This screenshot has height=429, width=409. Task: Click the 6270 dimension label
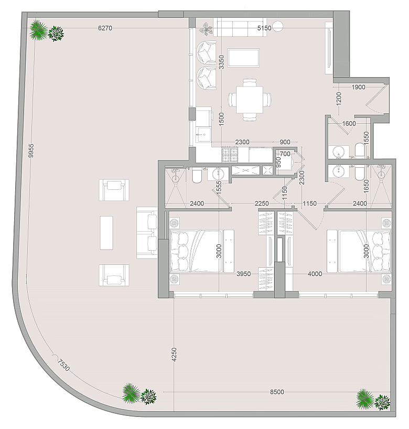coord(105,28)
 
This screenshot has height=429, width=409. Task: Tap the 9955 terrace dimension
coord(31,151)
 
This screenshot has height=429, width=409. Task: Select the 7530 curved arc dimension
coord(64,364)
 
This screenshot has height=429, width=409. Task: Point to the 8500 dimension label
coord(277,392)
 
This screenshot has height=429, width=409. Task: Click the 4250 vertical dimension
coord(174,355)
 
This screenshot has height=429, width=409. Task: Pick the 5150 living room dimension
coord(264,28)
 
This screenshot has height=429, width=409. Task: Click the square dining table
coord(250,99)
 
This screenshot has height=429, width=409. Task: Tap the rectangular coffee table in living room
coord(243,58)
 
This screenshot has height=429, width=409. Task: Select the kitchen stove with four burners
coord(230,155)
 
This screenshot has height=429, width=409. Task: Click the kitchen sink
coord(204,134)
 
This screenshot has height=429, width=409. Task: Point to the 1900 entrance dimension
coord(358,87)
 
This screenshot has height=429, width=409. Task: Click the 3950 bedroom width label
coord(243,274)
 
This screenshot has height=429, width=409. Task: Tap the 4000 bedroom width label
coord(315,274)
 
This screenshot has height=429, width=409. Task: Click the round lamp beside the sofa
coord(278,26)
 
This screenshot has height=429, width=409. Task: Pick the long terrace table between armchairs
coord(106,233)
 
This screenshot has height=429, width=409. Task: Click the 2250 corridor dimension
coord(262,203)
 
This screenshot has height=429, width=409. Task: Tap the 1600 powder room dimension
coord(349,123)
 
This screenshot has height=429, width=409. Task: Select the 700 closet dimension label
coord(285,154)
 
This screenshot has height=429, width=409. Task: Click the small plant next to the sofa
coord(206,29)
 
